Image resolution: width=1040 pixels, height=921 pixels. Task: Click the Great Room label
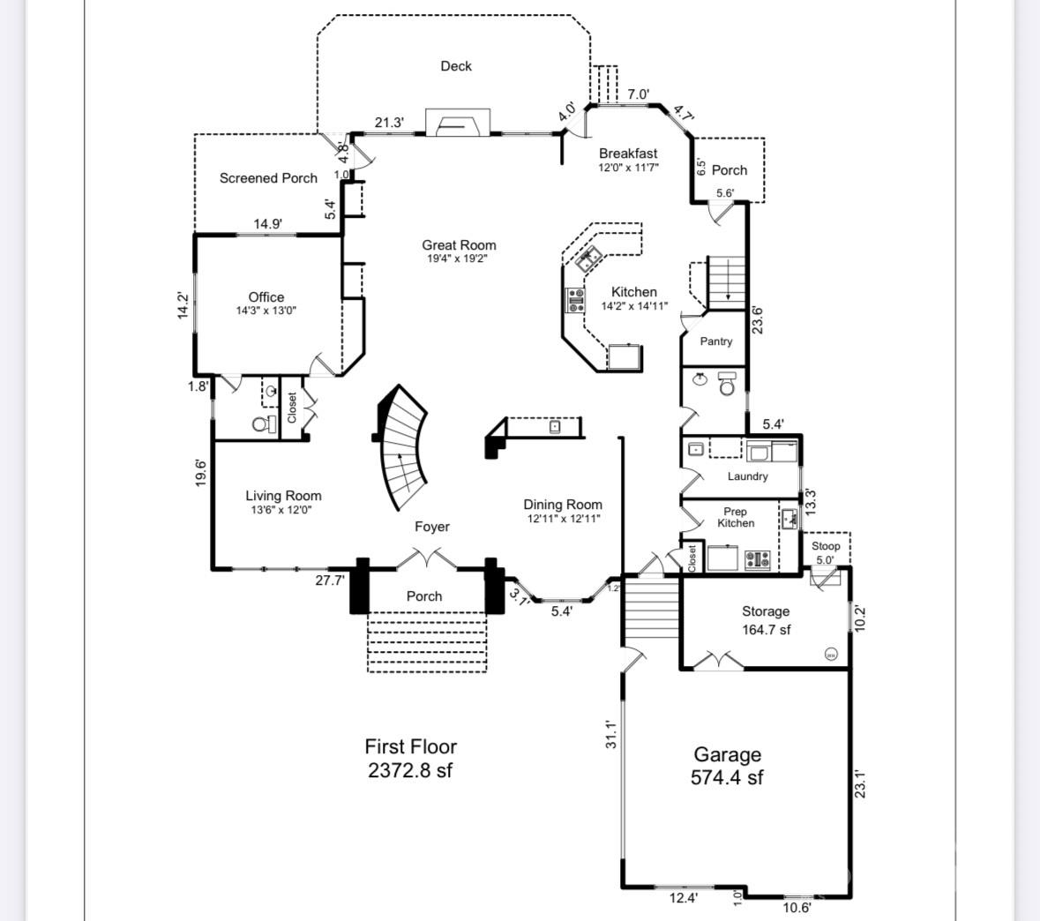click(459, 245)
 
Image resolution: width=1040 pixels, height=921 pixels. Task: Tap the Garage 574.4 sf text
click(727, 766)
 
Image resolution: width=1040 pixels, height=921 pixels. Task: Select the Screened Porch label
click(268, 178)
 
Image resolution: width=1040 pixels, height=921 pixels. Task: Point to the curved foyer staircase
click(404, 448)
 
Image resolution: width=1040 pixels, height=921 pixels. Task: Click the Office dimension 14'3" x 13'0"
click(266, 311)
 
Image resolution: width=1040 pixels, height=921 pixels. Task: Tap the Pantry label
click(715, 341)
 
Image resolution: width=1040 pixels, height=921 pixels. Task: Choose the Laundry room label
click(747, 476)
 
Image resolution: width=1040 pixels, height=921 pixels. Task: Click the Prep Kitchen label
click(735, 517)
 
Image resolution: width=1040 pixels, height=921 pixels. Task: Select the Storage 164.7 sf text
click(766, 620)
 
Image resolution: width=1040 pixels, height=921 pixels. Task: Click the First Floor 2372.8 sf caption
click(410, 759)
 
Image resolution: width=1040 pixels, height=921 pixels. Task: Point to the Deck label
click(456, 66)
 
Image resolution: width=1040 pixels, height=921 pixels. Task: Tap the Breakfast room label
click(628, 153)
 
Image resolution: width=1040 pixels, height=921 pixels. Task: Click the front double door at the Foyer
click(424, 559)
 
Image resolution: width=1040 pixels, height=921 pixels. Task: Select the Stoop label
click(826, 546)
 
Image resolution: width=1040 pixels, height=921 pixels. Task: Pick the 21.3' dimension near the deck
click(389, 123)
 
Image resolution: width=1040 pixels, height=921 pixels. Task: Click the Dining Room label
click(563, 505)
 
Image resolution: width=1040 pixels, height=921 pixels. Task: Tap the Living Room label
click(283, 496)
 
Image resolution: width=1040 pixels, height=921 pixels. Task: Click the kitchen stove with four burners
click(576, 301)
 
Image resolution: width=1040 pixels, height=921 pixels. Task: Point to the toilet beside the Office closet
click(261, 424)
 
